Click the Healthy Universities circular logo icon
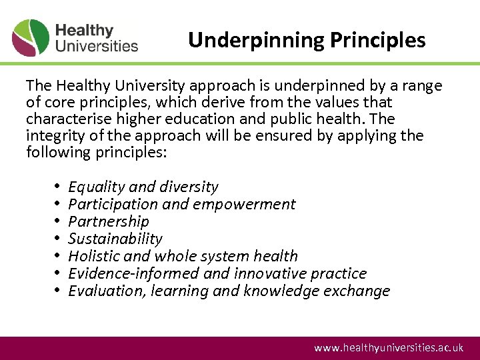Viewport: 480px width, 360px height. point(31,38)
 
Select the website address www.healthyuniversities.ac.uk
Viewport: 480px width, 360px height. point(389,348)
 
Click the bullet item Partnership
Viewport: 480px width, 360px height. point(109,221)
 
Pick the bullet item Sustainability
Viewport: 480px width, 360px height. point(115,239)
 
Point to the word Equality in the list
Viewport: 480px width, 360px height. point(93,187)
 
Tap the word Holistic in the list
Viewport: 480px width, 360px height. point(94,256)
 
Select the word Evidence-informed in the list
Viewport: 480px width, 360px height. point(125,273)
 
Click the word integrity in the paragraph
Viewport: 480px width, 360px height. point(54,136)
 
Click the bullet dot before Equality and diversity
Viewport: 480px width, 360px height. point(59,187)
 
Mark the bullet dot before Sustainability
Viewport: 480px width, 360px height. point(59,239)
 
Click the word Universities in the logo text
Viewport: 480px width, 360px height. point(97,46)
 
